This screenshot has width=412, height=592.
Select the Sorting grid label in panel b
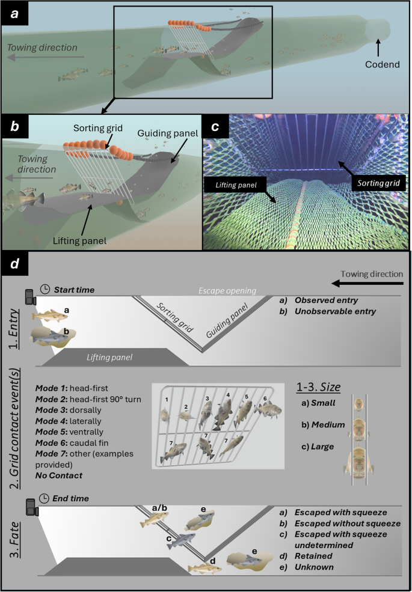[x=97, y=129]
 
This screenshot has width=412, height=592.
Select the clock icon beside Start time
[x=45, y=290]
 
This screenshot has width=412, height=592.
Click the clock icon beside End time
[x=45, y=498]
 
